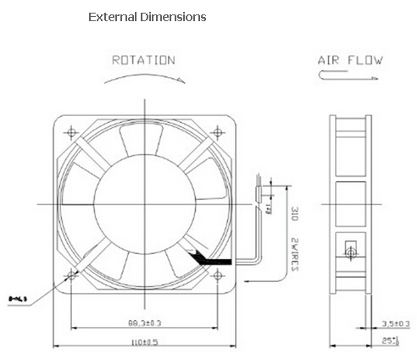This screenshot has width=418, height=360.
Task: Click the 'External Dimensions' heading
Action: coord(147,17)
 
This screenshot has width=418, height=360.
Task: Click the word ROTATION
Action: coord(143,60)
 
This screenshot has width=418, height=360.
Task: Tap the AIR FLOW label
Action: coord(349,60)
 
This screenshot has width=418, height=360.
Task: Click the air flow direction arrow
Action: coord(348,75)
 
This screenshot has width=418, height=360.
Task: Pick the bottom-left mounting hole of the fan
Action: coord(71,276)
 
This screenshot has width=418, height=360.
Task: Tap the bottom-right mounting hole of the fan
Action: coord(220,276)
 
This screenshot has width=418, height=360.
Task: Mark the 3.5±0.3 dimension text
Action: coord(394,323)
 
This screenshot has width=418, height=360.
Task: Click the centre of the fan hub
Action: coord(145,203)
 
